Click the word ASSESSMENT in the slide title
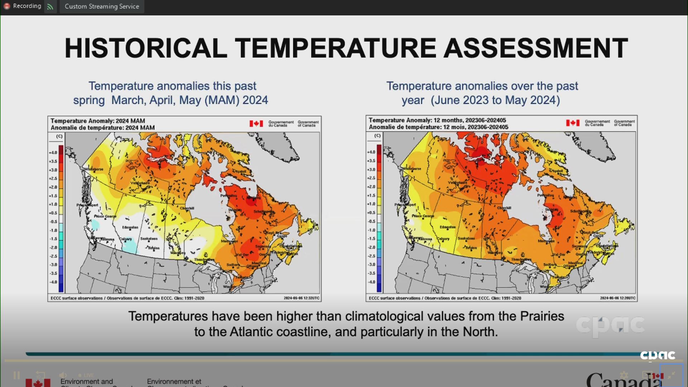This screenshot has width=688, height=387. [x=535, y=48]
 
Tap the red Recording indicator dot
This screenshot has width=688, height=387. [x=6, y=6]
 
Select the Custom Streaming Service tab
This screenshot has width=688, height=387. [x=102, y=6]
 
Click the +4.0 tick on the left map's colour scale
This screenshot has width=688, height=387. [x=53, y=153]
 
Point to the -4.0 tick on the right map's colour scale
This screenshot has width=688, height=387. [x=371, y=282]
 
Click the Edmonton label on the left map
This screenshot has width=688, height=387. [x=130, y=227]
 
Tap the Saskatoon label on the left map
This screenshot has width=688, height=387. [x=149, y=239]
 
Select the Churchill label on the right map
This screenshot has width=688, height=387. [x=504, y=208]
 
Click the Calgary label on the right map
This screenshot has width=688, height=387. [x=443, y=239]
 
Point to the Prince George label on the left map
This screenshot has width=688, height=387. [x=105, y=216]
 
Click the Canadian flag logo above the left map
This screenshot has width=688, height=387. [x=256, y=124]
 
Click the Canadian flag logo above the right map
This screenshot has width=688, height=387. [x=573, y=123]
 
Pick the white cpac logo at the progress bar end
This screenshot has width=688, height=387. [x=658, y=355]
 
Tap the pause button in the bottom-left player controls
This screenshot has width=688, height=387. [x=16, y=376]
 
